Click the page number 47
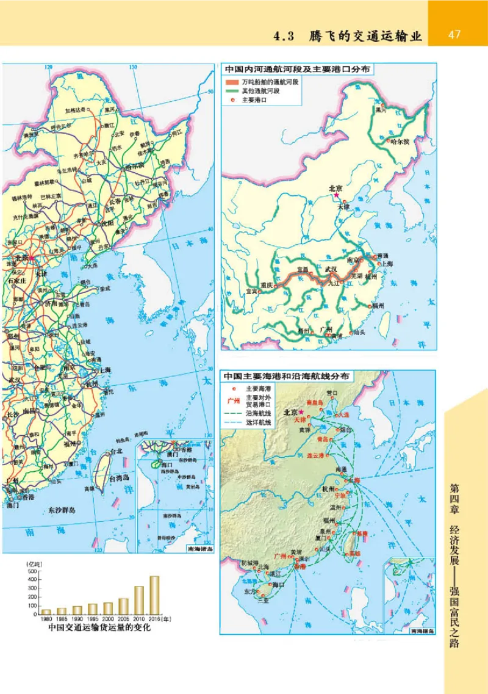coord(454,34)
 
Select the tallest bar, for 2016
coord(154,595)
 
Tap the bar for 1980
coord(46,611)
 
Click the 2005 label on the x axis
coord(124,618)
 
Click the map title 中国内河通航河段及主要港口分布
coord(299,70)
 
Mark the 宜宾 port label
coord(253,292)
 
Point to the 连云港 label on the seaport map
coord(317,455)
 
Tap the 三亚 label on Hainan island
coord(264,600)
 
